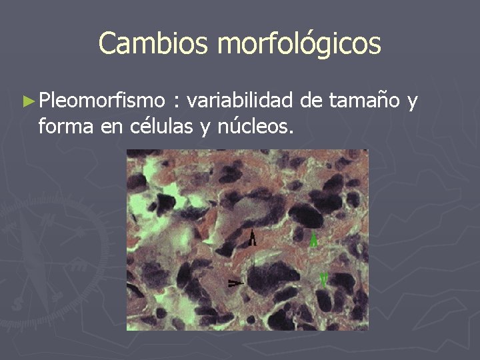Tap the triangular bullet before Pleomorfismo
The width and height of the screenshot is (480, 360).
(27, 101)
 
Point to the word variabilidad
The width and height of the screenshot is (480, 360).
(241, 101)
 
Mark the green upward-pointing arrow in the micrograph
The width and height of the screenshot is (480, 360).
(314, 240)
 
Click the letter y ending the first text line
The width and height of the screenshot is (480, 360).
(413, 102)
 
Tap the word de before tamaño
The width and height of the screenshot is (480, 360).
(311, 101)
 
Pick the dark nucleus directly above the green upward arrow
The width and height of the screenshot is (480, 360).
(307, 215)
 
